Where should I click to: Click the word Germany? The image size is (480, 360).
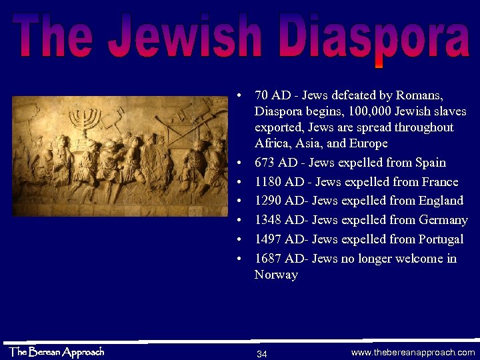[443, 220]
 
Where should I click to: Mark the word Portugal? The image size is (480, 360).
[441, 239]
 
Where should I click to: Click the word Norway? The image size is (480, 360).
[276, 275]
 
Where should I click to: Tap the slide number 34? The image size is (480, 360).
[262, 353]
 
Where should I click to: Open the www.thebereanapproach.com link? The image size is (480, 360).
[413, 353]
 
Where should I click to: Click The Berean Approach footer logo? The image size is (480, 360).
[56, 351]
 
